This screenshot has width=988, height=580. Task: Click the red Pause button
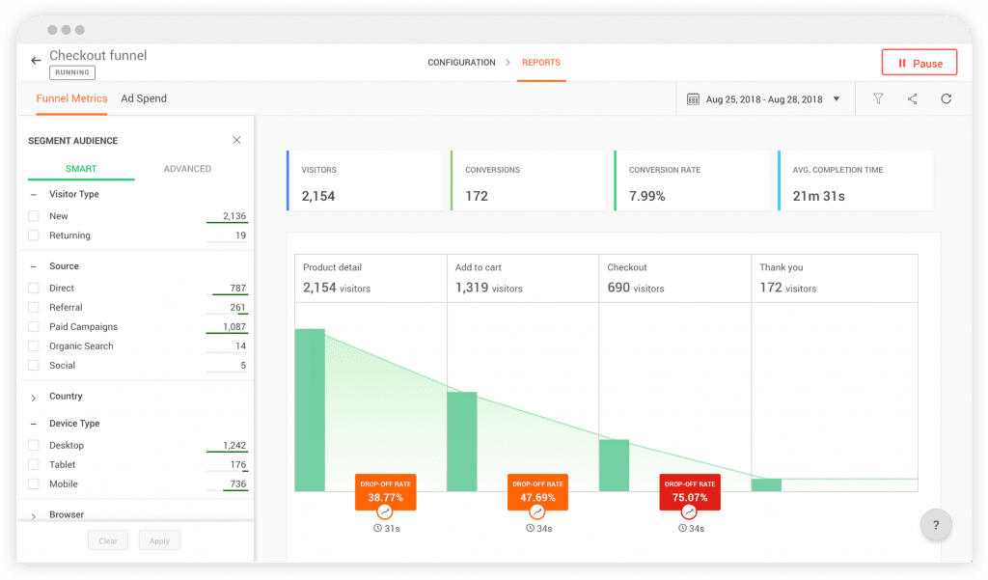coord(919,63)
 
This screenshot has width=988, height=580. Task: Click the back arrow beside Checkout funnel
coord(37,60)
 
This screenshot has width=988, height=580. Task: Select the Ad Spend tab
coord(144,98)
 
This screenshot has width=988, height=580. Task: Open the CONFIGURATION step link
coord(461,63)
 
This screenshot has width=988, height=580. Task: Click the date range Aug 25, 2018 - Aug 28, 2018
coord(763,99)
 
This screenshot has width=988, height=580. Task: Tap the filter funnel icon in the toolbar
coord(878,98)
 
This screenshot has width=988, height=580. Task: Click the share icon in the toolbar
coord(912,98)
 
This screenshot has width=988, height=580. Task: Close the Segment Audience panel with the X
coord(236,140)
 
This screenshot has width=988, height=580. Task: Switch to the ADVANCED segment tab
coord(187,169)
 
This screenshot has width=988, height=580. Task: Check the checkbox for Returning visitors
coord(34,235)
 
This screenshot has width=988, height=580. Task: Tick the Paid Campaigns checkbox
coord(34,327)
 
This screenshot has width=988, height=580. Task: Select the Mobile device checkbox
coord(34,484)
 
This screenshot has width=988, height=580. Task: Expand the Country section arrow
coord(34,398)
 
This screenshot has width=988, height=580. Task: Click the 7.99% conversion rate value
coord(646,196)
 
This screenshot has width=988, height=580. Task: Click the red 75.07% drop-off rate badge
coord(689,492)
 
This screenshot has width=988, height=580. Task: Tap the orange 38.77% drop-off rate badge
coord(385,492)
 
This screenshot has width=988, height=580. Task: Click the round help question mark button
coord(935,525)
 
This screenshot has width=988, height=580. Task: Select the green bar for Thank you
coord(766,484)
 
